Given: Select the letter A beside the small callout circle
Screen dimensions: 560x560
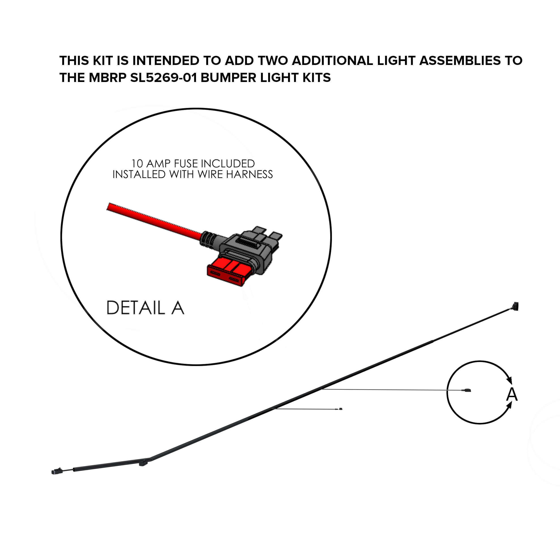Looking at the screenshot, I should [512, 394].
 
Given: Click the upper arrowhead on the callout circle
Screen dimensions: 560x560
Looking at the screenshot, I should [509, 379].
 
